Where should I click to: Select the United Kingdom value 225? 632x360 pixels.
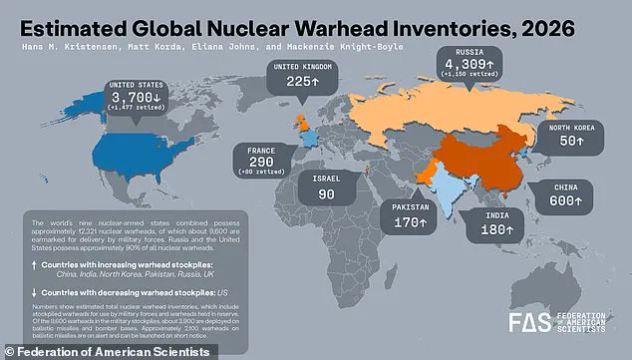(x=300, y=84)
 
